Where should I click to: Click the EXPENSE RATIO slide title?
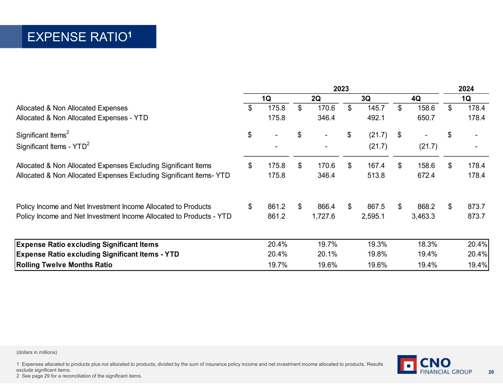pyautogui.click(x=80, y=37)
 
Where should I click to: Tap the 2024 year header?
pyautogui.click(x=466, y=88)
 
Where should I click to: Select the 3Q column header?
pyautogui.click(x=366, y=98)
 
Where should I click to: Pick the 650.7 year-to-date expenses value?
pyautogui.click(x=426, y=118)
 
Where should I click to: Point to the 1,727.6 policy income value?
pyautogui.click(x=323, y=216)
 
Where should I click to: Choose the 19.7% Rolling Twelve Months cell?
pyautogui.click(x=277, y=265)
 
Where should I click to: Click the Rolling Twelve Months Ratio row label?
pyautogui.click(x=64, y=265)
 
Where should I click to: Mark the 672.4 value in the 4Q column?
pyautogui.click(x=426, y=175)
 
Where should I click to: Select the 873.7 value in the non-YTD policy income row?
pyautogui.click(x=476, y=206)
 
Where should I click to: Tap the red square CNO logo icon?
pyautogui.click(x=406, y=365)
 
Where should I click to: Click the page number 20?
pyautogui.click(x=491, y=372)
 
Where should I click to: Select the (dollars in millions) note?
pyautogui.click(x=37, y=352)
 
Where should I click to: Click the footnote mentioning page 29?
pyautogui.click(x=79, y=376)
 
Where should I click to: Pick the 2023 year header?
pyautogui.click(x=341, y=88)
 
